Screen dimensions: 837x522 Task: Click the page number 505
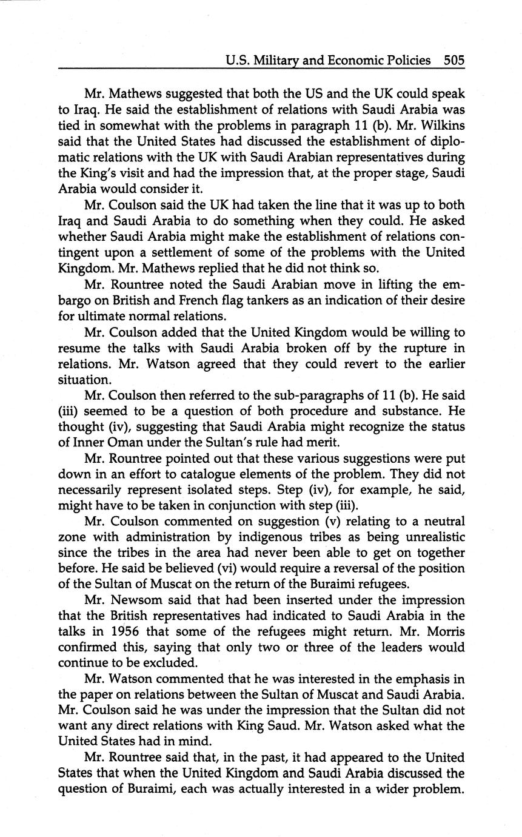point(453,60)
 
